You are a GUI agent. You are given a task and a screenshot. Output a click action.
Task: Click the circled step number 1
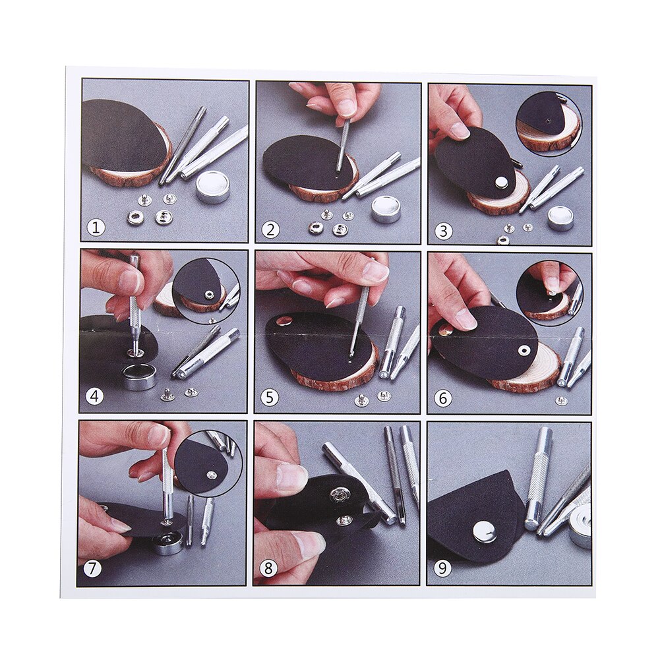[x=96, y=228]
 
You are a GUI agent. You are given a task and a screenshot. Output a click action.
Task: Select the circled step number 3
[x=444, y=231]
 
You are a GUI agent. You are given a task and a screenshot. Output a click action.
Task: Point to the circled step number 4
[x=95, y=398]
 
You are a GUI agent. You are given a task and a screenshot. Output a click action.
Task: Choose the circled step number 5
[x=269, y=398]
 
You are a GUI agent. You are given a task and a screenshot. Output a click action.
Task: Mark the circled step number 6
[x=443, y=398]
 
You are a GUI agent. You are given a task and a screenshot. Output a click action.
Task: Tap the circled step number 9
[x=442, y=568]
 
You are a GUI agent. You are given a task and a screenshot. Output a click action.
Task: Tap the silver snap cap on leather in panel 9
[x=485, y=531]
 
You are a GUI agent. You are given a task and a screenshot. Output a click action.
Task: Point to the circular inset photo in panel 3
[x=549, y=122]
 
